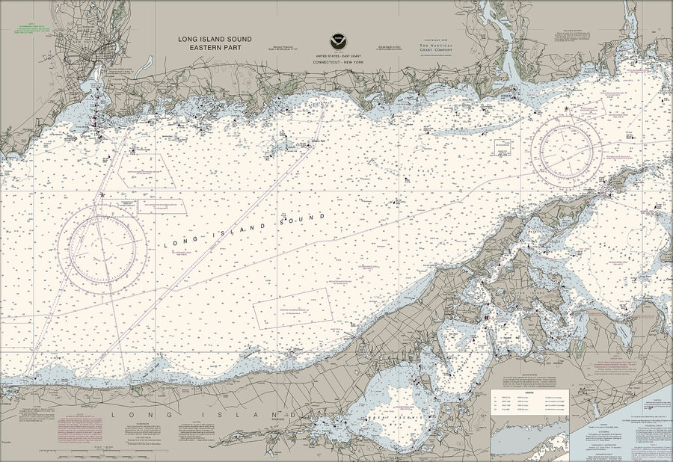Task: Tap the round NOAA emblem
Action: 337,42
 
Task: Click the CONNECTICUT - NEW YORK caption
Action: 338,63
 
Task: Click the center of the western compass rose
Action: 102,249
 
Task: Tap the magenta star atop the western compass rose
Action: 102,196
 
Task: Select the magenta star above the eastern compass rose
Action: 566,109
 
